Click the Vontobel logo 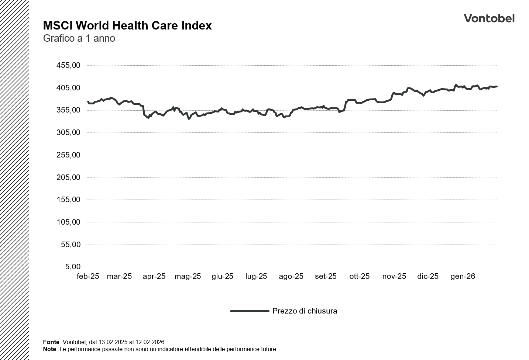click(x=489, y=18)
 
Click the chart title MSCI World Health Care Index click(x=127, y=25)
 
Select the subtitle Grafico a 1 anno click(x=79, y=38)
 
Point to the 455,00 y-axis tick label click(x=68, y=65)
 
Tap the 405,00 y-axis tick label click(x=68, y=88)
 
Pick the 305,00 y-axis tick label click(x=68, y=132)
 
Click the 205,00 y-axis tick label click(x=68, y=177)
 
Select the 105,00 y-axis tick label click(x=68, y=222)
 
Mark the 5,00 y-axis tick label click(x=73, y=267)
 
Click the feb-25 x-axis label click(x=88, y=276)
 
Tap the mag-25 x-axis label click(x=188, y=276)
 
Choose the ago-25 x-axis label click(x=291, y=276)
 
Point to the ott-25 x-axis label click(x=359, y=276)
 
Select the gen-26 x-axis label click(x=463, y=276)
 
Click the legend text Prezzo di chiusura click(x=305, y=311)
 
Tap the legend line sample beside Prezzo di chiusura click(x=250, y=311)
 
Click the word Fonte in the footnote click(x=51, y=342)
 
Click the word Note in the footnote click(x=49, y=349)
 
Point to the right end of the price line click(x=497, y=87)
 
